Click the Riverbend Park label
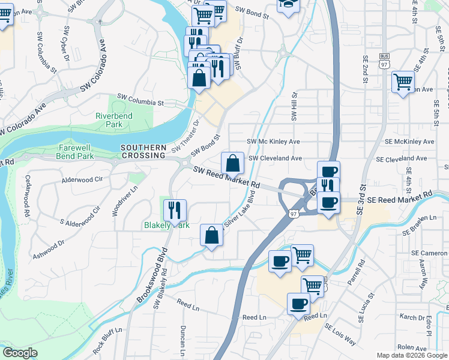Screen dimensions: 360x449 [x=109, y=120]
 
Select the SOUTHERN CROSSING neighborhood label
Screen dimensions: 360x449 [x=143, y=151]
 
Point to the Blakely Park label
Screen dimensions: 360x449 [x=166, y=226]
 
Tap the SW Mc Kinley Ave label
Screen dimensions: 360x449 [x=273, y=142]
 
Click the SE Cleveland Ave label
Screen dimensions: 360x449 [x=401, y=159]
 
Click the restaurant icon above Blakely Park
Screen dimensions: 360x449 [x=175, y=210]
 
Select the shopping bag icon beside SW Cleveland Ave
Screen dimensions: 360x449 [x=232, y=163]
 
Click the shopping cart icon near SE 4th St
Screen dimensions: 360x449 [x=403, y=82]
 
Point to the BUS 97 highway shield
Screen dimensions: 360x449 [x=385, y=57]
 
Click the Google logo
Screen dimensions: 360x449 [x=20, y=353]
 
